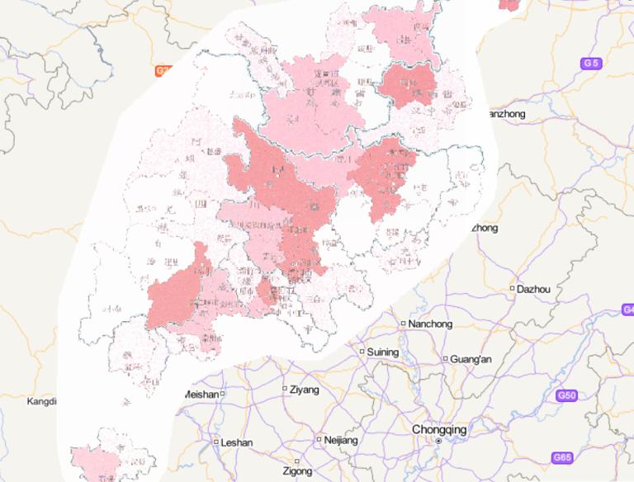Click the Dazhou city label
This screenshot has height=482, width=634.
click(534, 289)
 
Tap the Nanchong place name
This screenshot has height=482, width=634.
click(430, 324)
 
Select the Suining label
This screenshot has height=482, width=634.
click(382, 352)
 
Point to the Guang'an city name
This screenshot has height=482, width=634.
click(471, 359)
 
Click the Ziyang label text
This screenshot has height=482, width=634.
click(305, 389)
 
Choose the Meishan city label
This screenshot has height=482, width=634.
click(199, 395)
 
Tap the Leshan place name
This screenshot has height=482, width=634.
click(237, 442)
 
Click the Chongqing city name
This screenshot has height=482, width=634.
click(439, 430)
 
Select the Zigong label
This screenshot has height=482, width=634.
click(297, 471)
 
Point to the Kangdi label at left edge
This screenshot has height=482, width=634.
click(41, 402)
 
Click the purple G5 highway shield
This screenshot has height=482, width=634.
click(590, 63)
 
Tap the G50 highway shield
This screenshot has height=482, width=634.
click(566, 396)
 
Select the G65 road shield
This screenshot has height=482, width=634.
click(562, 457)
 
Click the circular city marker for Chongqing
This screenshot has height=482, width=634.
click(438, 442)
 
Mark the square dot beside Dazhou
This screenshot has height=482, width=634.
click(513, 289)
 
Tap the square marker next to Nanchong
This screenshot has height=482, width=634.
click(403, 324)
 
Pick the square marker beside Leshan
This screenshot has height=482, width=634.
click(216, 442)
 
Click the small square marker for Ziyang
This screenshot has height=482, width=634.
click(285, 389)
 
